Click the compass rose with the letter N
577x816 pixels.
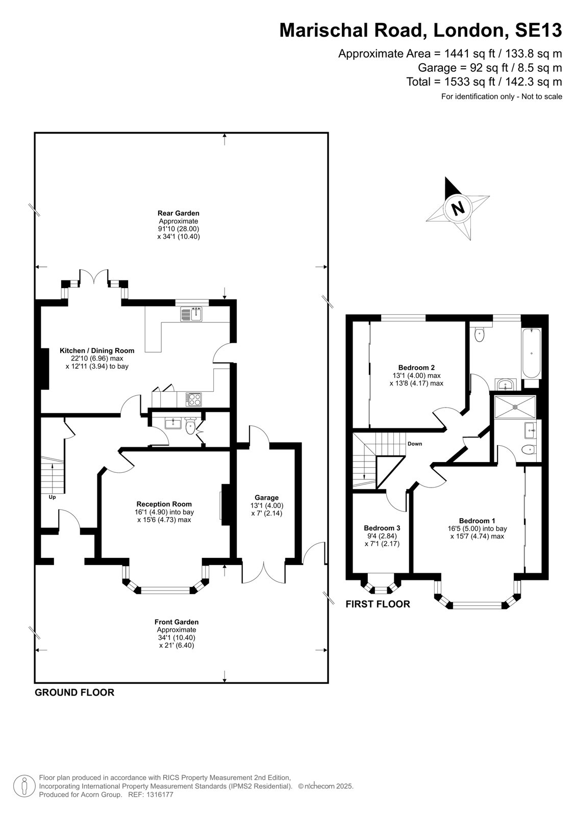[x=458, y=209]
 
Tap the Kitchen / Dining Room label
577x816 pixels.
[x=97, y=351]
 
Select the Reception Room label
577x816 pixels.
[x=164, y=504]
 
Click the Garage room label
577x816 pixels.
[x=266, y=498]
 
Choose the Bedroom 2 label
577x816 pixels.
[x=416, y=368]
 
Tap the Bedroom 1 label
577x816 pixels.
[x=477, y=521]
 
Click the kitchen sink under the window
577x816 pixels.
[x=192, y=314]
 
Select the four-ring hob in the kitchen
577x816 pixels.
[x=193, y=399]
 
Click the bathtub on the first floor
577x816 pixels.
[x=532, y=353]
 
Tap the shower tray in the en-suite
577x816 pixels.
[x=515, y=407]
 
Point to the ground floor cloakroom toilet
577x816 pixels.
[x=190, y=426]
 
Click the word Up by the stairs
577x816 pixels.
[x=52, y=497]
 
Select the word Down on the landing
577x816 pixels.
[x=415, y=444]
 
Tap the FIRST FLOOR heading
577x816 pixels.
[x=378, y=604]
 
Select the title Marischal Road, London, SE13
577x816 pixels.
[x=420, y=30]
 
